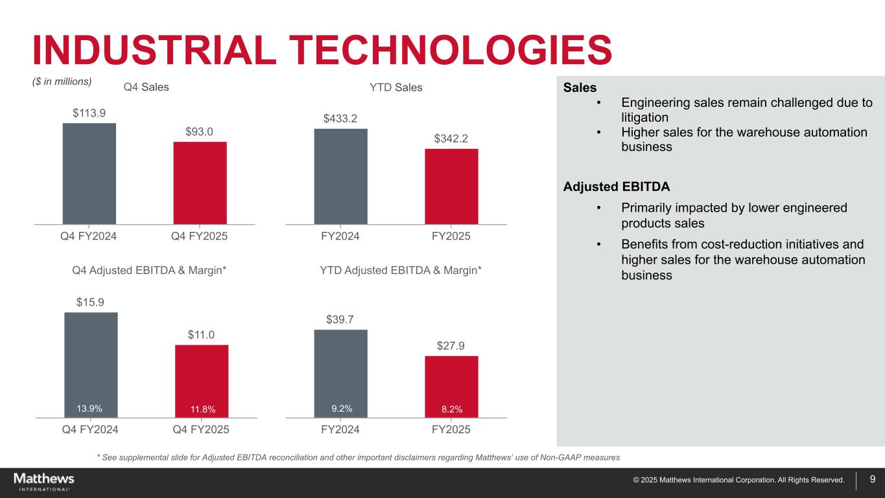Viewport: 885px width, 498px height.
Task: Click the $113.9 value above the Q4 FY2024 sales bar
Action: tap(89, 113)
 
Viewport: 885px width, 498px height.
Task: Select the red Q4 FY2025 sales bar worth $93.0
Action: tap(200, 183)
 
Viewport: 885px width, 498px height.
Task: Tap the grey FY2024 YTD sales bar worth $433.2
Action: tap(340, 176)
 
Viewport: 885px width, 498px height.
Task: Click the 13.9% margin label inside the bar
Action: tap(89, 408)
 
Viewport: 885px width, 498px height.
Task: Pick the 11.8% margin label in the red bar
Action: tap(202, 409)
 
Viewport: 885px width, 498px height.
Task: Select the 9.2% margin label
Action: tap(342, 408)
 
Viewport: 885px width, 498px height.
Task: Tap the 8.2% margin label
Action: tap(451, 409)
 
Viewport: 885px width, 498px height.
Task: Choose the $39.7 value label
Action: tap(340, 319)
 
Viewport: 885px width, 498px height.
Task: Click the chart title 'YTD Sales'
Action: tap(395, 87)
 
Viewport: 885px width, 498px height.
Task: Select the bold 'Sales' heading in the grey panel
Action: tap(580, 87)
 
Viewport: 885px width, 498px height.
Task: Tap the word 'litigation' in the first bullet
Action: tap(644, 117)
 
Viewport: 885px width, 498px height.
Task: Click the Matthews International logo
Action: tap(44, 482)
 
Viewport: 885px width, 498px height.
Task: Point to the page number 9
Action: tap(873, 479)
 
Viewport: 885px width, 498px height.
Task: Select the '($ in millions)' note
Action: tap(62, 82)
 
